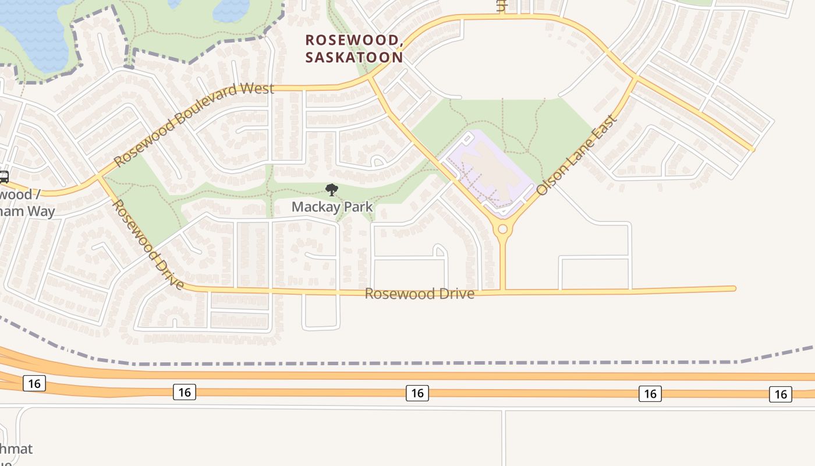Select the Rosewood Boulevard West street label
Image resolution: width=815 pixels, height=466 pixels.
coord(194,124)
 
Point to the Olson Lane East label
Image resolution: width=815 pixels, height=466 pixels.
coord(576,155)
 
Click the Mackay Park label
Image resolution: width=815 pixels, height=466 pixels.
coord(332,206)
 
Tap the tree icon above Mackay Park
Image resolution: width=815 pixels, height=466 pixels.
coord(332,189)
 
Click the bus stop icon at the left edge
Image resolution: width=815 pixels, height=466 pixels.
coord(3,176)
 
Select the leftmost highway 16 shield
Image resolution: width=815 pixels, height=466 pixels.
coord(34,383)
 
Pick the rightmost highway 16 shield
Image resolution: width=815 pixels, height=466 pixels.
coord(780,394)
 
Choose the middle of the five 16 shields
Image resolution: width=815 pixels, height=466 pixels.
coord(417,393)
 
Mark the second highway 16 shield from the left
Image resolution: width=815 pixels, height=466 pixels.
coord(184,392)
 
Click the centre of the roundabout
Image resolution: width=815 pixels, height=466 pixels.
coord(502,230)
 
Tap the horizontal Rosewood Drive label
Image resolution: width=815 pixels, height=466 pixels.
coord(419,294)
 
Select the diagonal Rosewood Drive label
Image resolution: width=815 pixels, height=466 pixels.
coord(148,245)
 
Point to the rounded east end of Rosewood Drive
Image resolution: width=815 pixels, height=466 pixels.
coord(733,288)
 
